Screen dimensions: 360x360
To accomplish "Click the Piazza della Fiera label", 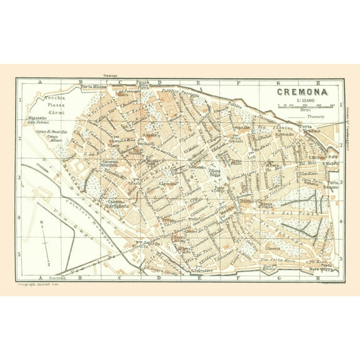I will (144, 85).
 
